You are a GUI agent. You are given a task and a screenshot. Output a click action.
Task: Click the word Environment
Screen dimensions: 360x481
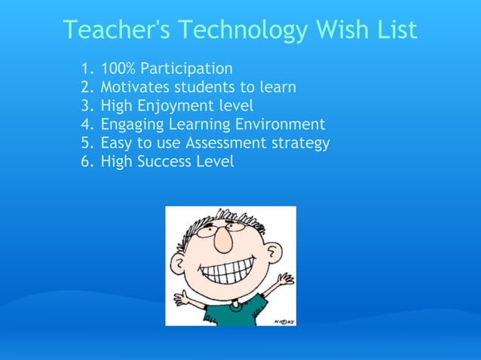(x=279, y=124)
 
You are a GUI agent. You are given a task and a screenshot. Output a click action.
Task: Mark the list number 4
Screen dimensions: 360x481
(x=84, y=124)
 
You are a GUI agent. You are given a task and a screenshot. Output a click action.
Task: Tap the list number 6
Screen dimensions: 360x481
(x=84, y=160)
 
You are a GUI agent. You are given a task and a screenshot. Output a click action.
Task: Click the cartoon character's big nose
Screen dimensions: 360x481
(x=222, y=239)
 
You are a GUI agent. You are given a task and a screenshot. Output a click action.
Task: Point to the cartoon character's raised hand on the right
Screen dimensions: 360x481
(x=284, y=279)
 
